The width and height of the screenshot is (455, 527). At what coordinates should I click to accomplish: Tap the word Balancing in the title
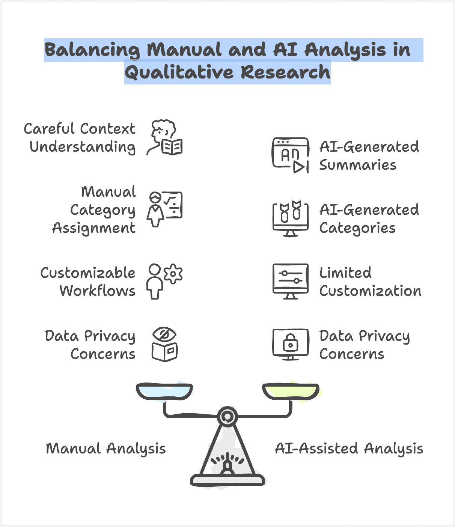click(92, 50)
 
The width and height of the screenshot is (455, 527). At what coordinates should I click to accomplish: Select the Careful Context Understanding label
click(80, 138)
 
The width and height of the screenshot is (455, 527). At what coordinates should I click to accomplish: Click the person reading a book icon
click(164, 138)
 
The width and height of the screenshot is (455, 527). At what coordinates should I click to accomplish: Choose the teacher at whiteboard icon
click(164, 209)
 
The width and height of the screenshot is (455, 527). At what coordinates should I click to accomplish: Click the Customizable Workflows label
click(88, 282)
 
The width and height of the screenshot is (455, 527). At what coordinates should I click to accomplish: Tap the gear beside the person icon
click(173, 273)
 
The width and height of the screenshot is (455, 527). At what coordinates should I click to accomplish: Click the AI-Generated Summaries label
click(369, 156)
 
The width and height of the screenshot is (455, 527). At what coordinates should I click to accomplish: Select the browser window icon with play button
click(290, 155)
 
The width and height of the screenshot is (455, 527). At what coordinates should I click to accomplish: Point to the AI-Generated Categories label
click(369, 219)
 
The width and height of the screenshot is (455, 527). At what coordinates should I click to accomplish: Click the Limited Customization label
click(370, 282)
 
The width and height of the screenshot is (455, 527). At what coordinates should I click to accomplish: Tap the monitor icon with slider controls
click(290, 281)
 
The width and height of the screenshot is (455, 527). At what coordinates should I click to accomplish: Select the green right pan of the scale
click(291, 391)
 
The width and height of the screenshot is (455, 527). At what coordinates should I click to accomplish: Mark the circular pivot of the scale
click(227, 416)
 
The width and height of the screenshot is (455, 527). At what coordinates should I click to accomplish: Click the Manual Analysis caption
click(105, 449)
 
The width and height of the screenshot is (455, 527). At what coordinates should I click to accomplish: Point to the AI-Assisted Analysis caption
click(349, 449)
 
